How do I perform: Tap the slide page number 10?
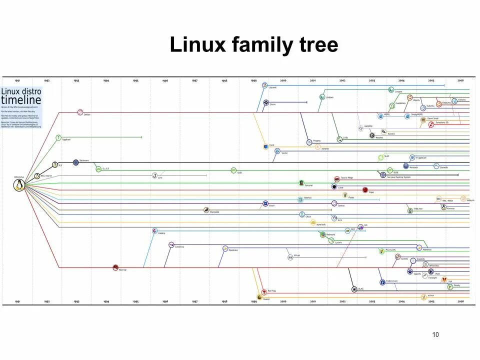(435, 334)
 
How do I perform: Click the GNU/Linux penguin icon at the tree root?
(19, 185)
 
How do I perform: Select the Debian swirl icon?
(80, 112)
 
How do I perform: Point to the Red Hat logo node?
(115, 267)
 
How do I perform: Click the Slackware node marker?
(75, 162)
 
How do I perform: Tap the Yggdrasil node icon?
(58, 137)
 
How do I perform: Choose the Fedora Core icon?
(382, 281)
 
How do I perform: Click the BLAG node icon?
(354, 288)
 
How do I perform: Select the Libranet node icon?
(265, 86)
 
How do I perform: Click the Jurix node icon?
(154, 175)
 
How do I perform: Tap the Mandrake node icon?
(225, 248)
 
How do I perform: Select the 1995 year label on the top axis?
(135, 80)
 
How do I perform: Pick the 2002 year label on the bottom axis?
(342, 301)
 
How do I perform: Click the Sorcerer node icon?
(301, 183)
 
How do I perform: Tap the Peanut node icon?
(259, 297)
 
